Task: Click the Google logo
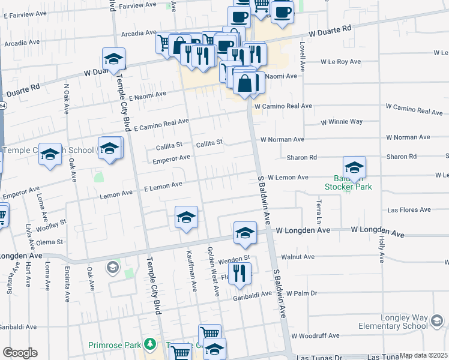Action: [x=20, y=353]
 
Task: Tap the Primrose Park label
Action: [x=114, y=345]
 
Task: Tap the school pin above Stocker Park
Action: [x=354, y=167]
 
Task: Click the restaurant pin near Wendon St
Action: [x=240, y=274]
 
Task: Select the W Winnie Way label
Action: [x=342, y=121]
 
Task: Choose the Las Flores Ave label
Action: [x=409, y=210]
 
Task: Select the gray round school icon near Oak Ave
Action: [x=112, y=266]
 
